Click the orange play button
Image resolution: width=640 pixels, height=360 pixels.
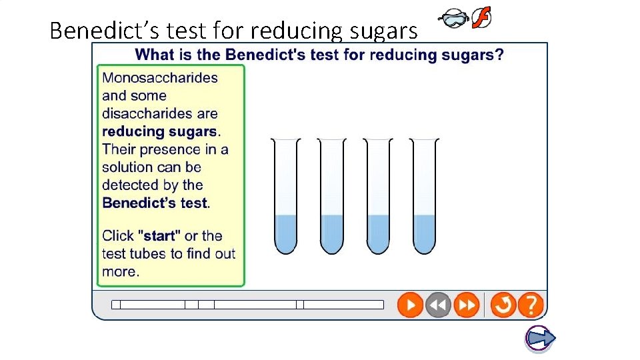(410, 305)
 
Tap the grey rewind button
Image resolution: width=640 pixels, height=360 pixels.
(438, 305)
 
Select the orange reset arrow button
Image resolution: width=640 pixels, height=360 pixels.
(503, 305)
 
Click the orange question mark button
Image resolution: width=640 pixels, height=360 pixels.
(531, 305)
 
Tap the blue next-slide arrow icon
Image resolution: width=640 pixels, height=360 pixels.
(540, 339)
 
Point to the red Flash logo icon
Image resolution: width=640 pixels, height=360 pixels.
(481, 19)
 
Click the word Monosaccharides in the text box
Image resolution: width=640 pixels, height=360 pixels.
(160, 78)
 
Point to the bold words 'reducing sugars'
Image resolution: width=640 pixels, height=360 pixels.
(159, 132)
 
